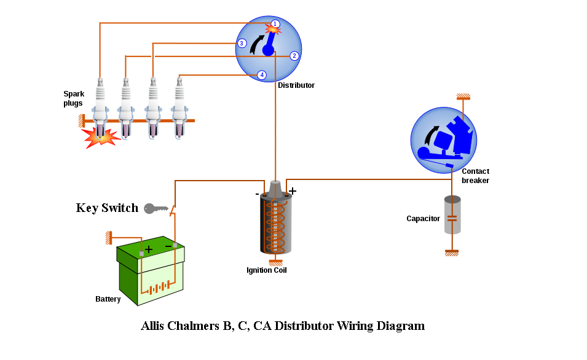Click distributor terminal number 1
tap(275, 24)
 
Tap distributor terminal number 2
tap(294, 56)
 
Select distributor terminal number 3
tap(242, 44)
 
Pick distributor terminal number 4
tap(262, 75)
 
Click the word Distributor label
tap(296, 85)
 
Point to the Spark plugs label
tap(73, 99)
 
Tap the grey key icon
tap(156, 208)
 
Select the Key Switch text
tap(107, 208)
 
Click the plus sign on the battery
tap(148, 249)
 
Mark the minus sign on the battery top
tap(168, 246)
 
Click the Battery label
tap(108, 299)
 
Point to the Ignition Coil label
tap(267, 270)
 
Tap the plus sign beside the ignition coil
tap(293, 191)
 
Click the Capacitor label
tap(423, 219)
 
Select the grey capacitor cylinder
tap(452, 214)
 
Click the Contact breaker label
tap(475, 176)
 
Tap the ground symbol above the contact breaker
tap(463, 96)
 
